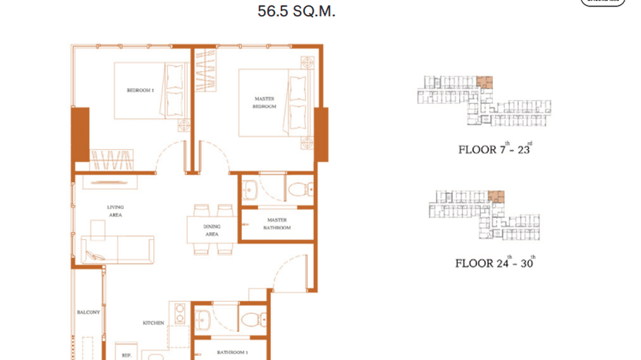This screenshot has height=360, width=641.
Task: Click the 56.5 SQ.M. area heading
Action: point(296,11)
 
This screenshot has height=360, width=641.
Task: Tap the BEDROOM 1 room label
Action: point(140,90)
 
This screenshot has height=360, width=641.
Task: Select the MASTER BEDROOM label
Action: point(264,103)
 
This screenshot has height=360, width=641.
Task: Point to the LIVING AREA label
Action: point(115,211)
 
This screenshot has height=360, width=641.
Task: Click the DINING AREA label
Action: point(212,230)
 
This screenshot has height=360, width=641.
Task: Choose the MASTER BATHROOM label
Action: point(277,224)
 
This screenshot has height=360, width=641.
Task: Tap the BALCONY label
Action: point(88,312)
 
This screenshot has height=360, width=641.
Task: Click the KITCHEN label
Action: point(153,323)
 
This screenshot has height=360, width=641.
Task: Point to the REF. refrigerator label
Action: point(126,355)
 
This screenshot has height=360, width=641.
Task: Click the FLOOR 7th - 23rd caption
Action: point(495,149)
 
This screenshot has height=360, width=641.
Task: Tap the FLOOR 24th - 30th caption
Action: point(495,263)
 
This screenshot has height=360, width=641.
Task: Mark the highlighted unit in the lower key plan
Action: point(496,196)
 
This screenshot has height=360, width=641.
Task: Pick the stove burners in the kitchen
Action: point(180,314)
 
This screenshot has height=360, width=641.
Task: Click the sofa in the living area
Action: point(118,249)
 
